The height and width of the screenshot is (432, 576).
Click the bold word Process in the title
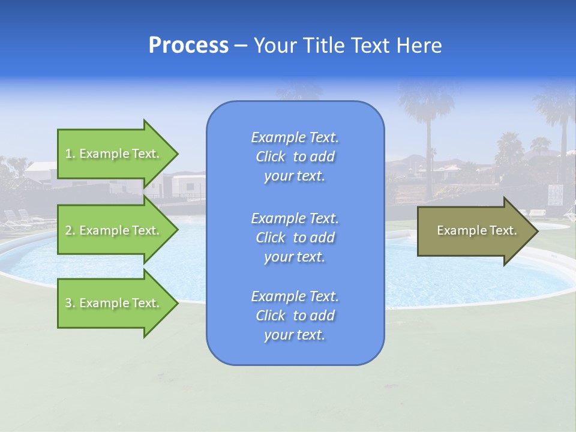coord(188,46)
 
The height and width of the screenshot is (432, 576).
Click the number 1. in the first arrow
coord(70,154)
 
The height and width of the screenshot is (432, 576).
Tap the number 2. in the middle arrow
coord(70,230)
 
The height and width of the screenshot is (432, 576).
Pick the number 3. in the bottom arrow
coord(70,303)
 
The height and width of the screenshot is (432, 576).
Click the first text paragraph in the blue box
coord(295,157)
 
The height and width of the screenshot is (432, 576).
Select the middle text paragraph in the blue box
coord(295,237)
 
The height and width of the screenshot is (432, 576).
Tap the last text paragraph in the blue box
coord(295,316)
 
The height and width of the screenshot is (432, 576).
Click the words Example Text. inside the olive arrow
coord(477,230)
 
